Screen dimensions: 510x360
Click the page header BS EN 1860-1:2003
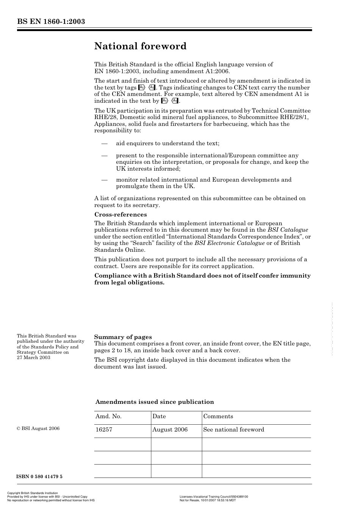click(x=51, y=21)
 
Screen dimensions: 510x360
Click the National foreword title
click(x=140, y=46)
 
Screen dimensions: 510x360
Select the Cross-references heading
click(x=121, y=215)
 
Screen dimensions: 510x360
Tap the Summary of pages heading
click(x=123, y=337)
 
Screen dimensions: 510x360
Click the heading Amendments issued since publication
click(x=155, y=402)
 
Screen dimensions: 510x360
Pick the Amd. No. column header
click(x=108, y=416)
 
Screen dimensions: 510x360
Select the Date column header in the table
click(x=159, y=416)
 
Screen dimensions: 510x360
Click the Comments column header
click(x=218, y=416)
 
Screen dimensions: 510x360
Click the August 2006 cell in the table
click(x=170, y=430)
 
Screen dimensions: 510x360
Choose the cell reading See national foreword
click(x=233, y=430)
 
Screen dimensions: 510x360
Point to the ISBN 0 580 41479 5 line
click(x=39, y=477)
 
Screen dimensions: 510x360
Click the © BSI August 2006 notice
click(x=38, y=428)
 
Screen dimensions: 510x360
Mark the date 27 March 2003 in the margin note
click(x=33, y=358)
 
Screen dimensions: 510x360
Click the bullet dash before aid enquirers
click(x=104, y=143)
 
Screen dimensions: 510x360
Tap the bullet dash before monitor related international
click(x=104, y=180)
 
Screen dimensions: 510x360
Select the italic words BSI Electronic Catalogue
click(x=230, y=243)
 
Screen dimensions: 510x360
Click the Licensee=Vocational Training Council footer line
click(x=214, y=496)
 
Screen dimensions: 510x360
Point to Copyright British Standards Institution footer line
click(x=33, y=493)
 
